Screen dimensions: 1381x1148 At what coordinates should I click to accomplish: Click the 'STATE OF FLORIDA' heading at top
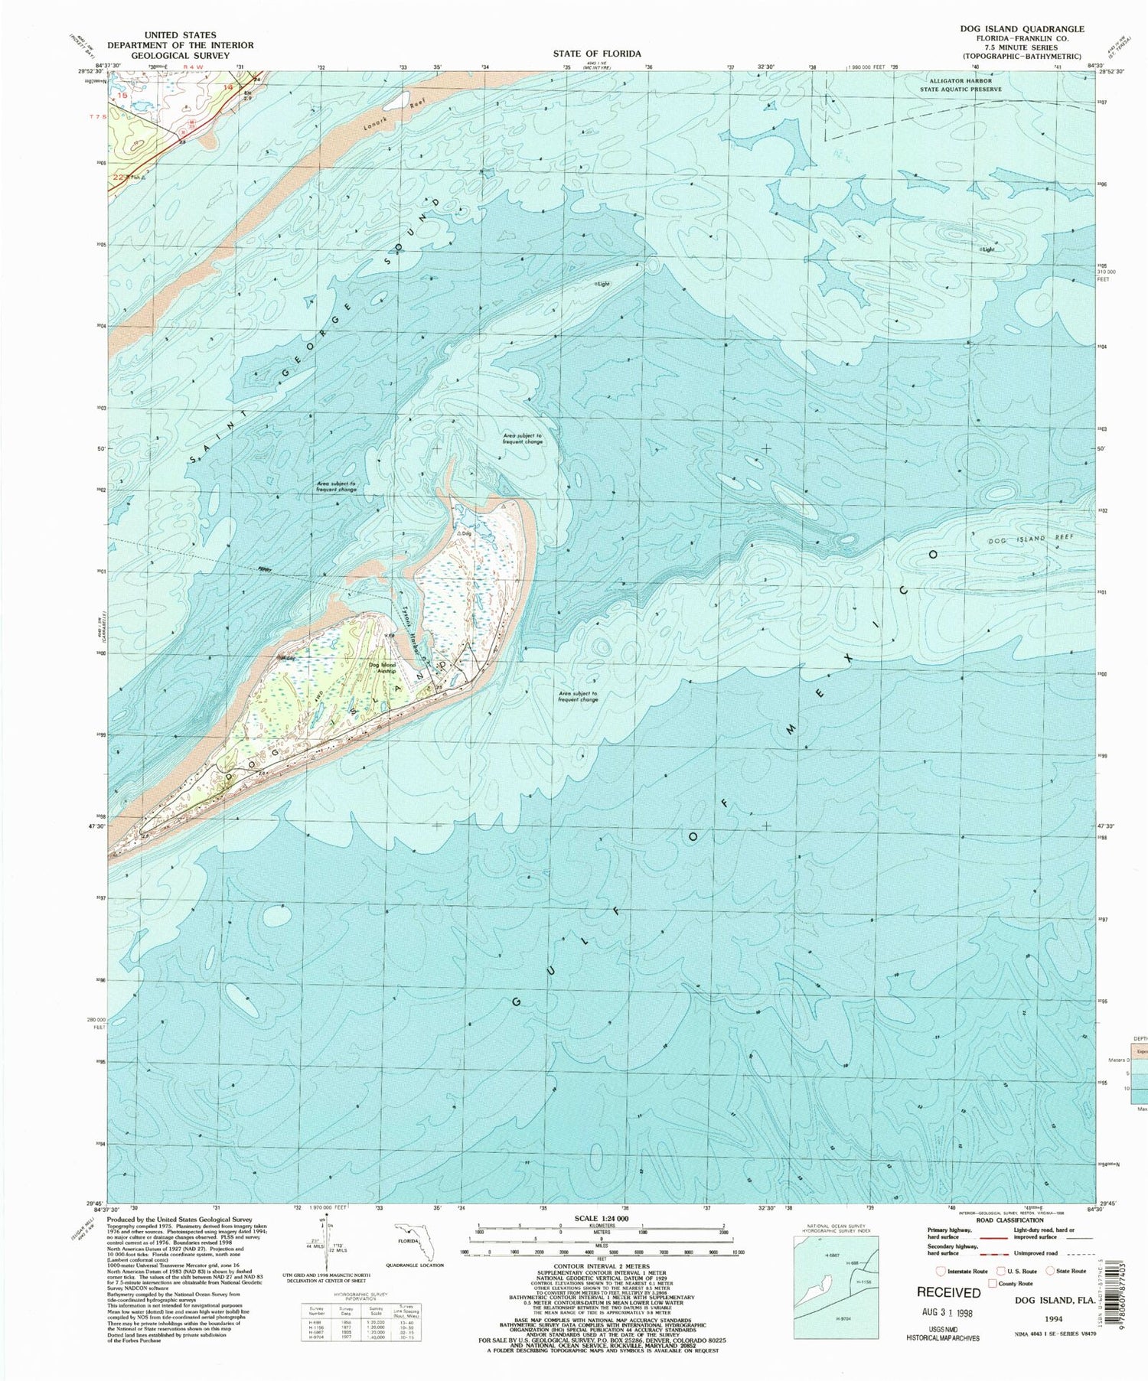point(597,54)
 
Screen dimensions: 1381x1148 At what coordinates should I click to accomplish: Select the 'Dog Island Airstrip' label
point(383,668)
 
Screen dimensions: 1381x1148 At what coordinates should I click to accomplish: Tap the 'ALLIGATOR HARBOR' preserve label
point(960,80)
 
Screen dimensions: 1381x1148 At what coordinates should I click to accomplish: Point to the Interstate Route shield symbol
point(940,1271)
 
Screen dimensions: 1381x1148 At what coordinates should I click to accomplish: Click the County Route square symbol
point(993,1283)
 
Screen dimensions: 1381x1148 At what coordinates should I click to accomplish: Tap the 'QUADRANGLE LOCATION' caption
point(414,1265)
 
